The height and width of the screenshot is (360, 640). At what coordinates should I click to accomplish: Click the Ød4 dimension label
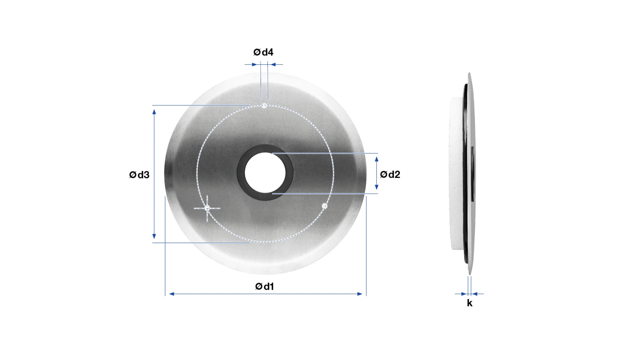pyautogui.click(x=263, y=52)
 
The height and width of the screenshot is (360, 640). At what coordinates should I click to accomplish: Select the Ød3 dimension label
pyautogui.click(x=139, y=175)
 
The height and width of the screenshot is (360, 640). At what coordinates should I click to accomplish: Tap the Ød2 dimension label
pyautogui.click(x=390, y=174)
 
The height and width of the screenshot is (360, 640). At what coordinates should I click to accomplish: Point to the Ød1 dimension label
pyautogui.click(x=264, y=286)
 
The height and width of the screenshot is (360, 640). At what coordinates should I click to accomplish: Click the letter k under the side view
pyautogui.click(x=470, y=303)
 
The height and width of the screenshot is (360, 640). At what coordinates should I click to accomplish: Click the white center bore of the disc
pyautogui.click(x=265, y=173)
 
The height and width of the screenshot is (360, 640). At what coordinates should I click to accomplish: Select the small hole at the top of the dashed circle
pyautogui.click(x=264, y=106)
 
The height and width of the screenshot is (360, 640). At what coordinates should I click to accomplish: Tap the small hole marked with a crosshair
pyautogui.click(x=207, y=208)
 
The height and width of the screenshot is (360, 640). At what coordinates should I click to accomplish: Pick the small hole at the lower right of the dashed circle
pyautogui.click(x=324, y=206)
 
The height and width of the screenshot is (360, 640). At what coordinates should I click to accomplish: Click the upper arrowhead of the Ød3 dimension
pyautogui.click(x=154, y=112)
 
